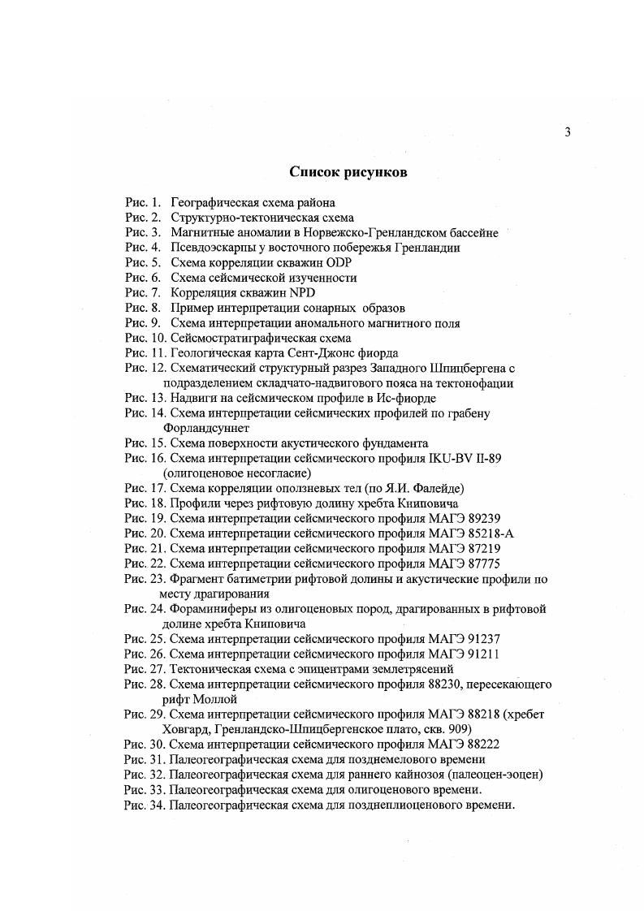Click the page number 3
pyautogui.click(x=568, y=133)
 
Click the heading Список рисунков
pyautogui.click(x=348, y=172)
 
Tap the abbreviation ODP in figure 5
pyautogui.click(x=340, y=263)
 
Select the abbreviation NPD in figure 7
pyautogui.click(x=300, y=293)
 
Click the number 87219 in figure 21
pyautogui.click(x=495, y=548)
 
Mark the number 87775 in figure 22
pyautogui.click(x=495, y=563)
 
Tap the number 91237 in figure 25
pyautogui.click(x=495, y=639)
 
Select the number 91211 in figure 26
pyautogui.click(x=495, y=654)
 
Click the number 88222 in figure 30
pyautogui.click(x=495, y=744)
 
